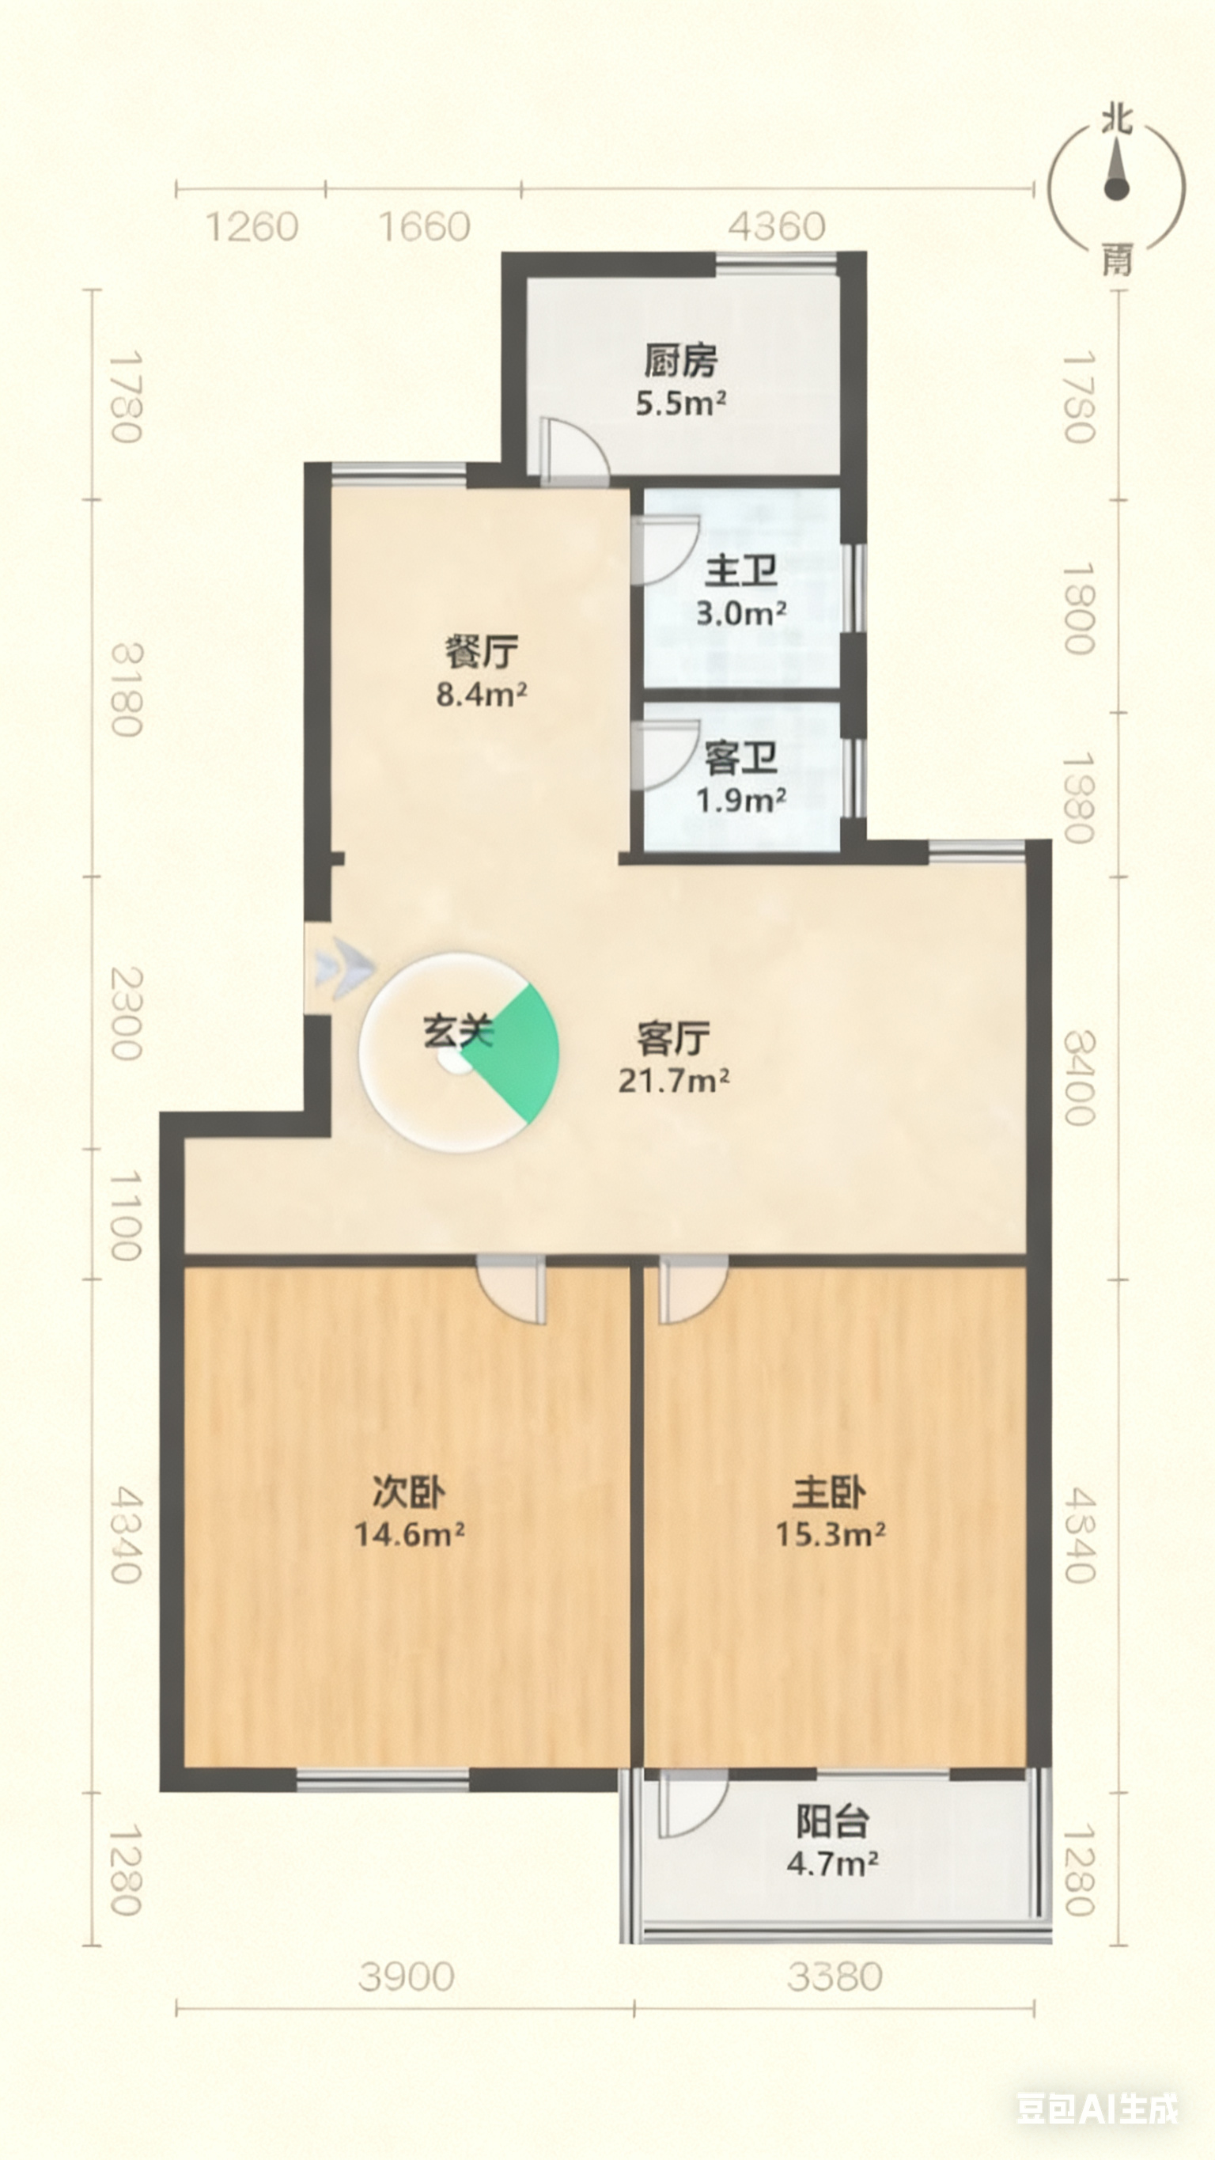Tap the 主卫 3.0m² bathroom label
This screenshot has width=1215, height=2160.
click(741, 591)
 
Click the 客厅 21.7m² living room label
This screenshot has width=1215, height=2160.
click(673, 1057)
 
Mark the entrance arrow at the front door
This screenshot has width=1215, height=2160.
click(345, 968)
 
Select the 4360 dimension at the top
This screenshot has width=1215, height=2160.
click(777, 226)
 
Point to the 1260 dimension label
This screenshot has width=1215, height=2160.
click(252, 227)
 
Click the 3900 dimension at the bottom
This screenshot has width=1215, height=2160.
click(407, 1976)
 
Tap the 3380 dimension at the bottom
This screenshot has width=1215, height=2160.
click(835, 1976)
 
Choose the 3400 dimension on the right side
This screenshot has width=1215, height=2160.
click(1079, 1078)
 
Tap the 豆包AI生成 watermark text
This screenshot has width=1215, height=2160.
click(1098, 2109)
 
